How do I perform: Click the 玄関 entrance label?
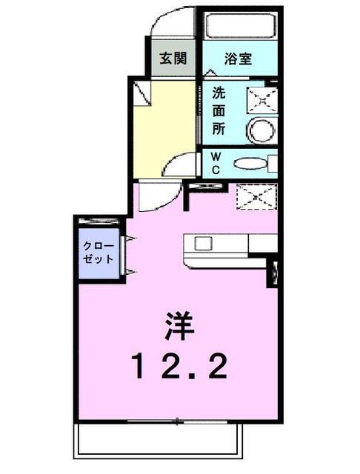click(173, 58)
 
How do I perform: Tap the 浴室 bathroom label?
click(239, 59)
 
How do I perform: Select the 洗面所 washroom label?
click(219, 111)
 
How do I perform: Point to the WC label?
click(216, 163)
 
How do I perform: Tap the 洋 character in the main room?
click(179, 326)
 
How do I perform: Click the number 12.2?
click(179, 366)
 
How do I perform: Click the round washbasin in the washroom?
click(261, 130)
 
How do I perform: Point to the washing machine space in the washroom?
click(262, 101)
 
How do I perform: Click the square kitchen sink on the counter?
click(203, 244)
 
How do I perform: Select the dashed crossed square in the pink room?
click(256, 197)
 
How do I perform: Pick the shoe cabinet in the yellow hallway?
click(142, 93)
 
